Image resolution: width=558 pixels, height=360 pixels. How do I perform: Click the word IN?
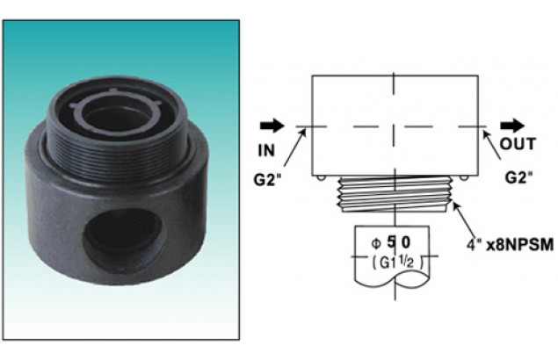(266, 151)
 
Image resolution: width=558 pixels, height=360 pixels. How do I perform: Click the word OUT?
(518, 144)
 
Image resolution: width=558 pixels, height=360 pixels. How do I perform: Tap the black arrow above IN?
(272, 126)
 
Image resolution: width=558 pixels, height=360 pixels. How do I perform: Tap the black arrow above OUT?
(512, 126)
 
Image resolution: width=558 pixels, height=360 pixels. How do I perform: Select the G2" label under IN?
(267, 180)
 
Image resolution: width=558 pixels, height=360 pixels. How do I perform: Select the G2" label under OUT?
(519, 177)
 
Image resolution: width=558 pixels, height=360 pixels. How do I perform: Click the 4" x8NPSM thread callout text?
(510, 245)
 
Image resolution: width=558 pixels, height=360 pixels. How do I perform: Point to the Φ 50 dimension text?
(390, 242)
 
